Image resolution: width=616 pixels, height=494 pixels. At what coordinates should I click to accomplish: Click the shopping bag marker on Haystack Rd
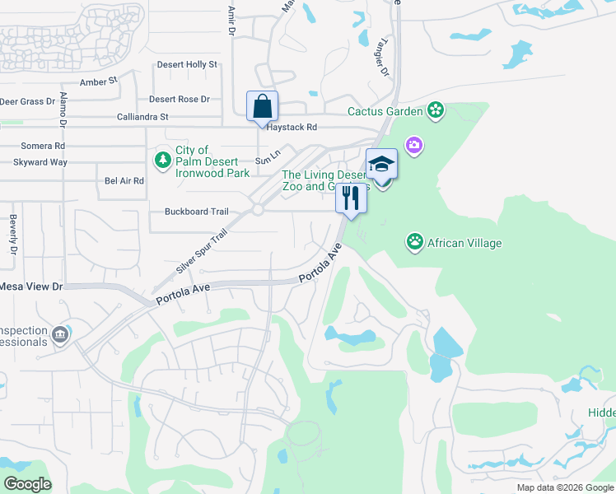[263, 107]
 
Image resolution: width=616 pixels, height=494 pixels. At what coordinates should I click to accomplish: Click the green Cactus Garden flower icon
[436, 111]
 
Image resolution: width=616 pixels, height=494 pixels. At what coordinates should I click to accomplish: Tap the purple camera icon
[413, 145]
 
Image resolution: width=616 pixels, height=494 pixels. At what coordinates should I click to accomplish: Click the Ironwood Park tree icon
[162, 158]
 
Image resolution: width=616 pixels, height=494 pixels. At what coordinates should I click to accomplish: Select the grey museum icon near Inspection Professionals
[59, 335]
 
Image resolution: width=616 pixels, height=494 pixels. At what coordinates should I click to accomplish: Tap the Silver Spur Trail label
[200, 252]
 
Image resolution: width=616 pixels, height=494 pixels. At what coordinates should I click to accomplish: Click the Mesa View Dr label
[30, 287]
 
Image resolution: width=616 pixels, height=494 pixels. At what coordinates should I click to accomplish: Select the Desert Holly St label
[188, 64]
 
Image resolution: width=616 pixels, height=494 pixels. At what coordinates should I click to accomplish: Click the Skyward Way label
[40, 162]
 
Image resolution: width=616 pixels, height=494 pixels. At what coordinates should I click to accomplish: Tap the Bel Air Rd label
[124, 181]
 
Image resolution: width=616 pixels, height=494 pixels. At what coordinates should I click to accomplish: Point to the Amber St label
[99, 82]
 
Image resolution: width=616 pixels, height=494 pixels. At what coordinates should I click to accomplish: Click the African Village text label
[464, 243]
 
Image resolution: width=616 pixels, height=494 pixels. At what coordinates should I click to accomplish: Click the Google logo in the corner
[26, 484]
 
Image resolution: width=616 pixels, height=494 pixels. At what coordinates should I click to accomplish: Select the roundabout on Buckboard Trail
[257, 210]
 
